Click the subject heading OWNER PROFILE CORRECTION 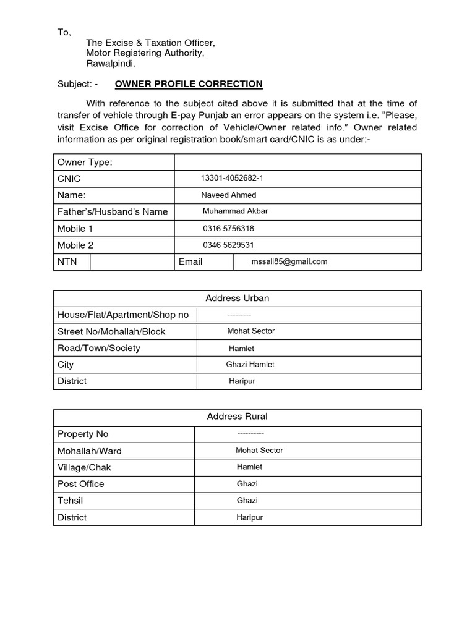[189, 84]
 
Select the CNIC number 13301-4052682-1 [232, 178]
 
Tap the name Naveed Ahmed [229, 195]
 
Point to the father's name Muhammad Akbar [235, 211]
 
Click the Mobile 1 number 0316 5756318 [228, 228]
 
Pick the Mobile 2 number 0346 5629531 [228, 245]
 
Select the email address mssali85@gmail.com [289, 261]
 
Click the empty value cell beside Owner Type [298, 162]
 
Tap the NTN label [67, 261]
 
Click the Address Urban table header [237, 298]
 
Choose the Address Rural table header [237, 417]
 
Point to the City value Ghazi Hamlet [250, 365]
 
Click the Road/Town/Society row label [99, 348]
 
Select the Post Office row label [81, 484]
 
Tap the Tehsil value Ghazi [247, 501]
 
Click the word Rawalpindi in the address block [111, 64]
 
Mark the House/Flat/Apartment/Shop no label [123, 315]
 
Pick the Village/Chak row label [85, 467]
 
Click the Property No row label [83, 434]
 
